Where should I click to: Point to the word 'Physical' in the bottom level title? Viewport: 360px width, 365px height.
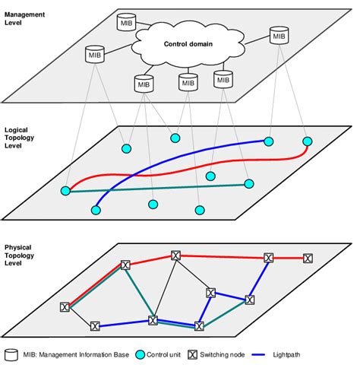(x=20, y=248)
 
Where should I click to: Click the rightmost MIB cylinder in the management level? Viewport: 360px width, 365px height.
(x=279, y=35)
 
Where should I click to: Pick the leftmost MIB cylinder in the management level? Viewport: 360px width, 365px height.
(x=94, y=56)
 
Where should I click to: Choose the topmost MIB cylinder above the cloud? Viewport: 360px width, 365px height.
(x=126, y=23)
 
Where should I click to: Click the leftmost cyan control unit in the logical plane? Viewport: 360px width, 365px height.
(x=66, y=189)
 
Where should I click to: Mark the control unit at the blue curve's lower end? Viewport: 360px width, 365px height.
(x=96, y=209)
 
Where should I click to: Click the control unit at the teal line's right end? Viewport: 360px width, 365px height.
(x=248, y=183)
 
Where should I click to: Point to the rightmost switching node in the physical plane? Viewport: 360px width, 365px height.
(x=308, y=259)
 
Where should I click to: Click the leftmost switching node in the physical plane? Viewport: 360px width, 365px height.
(x=65, y=307)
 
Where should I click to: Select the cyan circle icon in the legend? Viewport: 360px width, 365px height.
(x=140, y=354)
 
